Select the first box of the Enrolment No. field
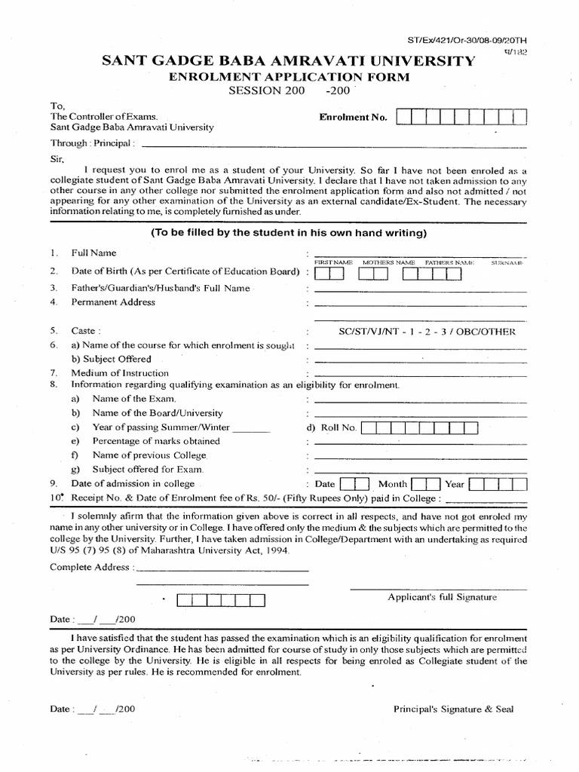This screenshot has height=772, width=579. pyautogui.click(x=403, y=118)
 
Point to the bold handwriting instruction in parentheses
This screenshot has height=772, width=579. pyautogui.click(x=289, y=232)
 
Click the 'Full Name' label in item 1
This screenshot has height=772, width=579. pyautogui.click(x=93, y=253)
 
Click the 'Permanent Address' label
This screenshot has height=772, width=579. pyautogui.click(x=113, y=302)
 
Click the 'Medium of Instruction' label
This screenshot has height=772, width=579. pyautogui.click(x=120, y=373)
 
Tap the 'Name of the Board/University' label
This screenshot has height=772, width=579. pyautogui.click(x=158, y=413)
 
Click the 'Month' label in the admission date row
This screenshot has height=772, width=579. pyautogui.click(x=393, y=484)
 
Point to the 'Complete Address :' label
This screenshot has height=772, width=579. pyautogui.click(x=92, y=567)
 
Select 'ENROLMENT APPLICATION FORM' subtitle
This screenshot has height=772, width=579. pyautogui.click(x=289, y=77)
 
